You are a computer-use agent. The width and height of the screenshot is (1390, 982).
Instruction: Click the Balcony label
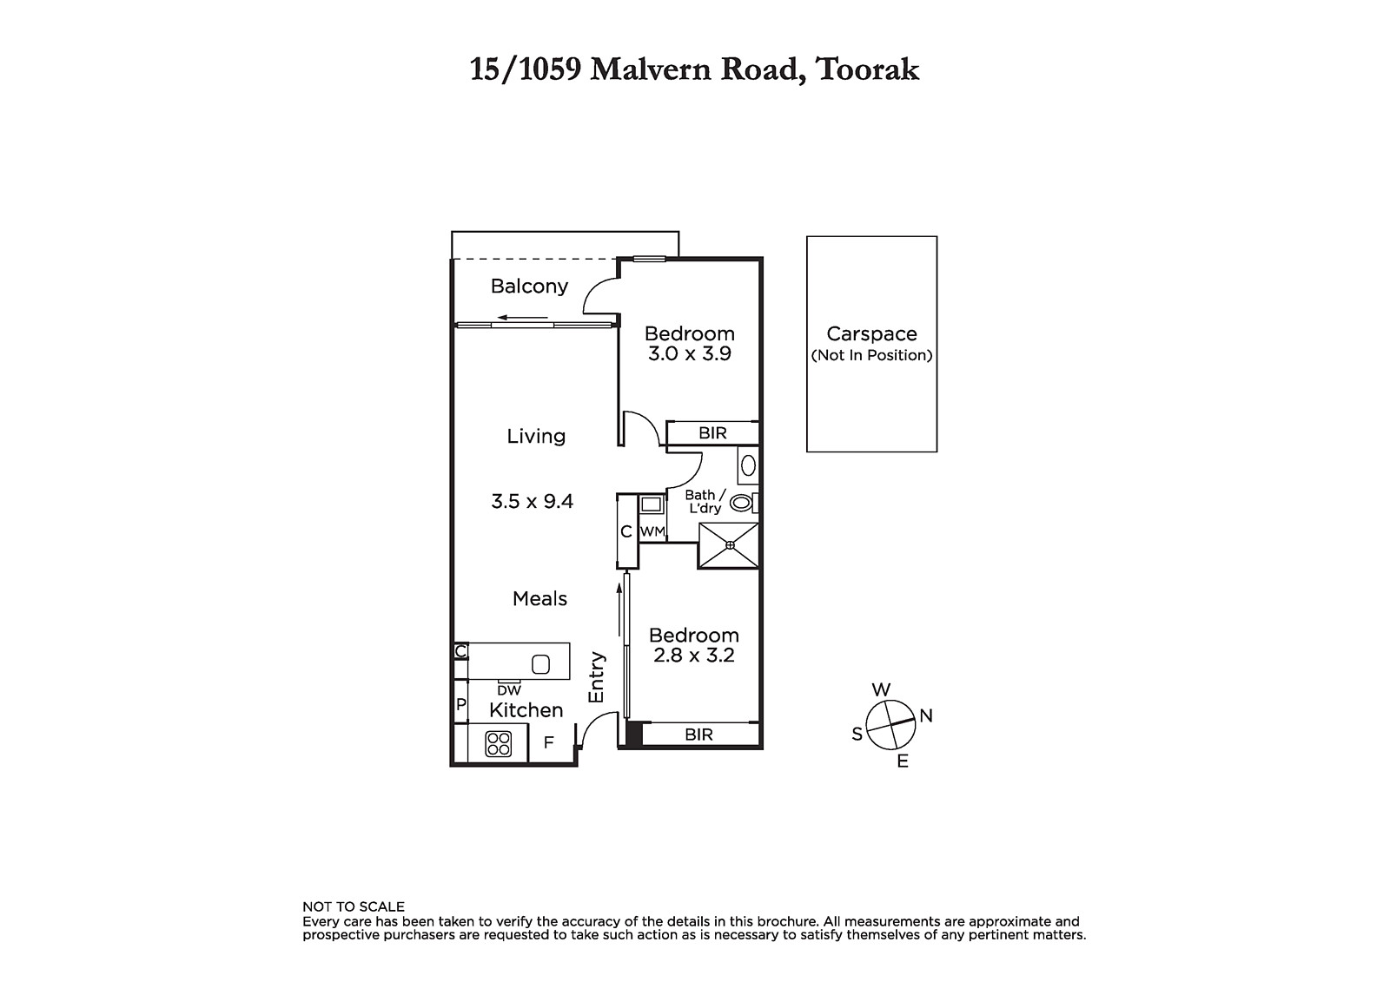[x=529, y=287]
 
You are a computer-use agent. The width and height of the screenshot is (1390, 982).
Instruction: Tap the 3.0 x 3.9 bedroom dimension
[x=690, y=354]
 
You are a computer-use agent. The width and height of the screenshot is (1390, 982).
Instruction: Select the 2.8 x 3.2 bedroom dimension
[x=694, y=656]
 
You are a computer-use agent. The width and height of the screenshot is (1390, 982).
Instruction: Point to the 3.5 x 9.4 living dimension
[x=532, y=501]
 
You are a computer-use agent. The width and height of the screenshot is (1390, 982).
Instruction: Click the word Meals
[x=539, y=598]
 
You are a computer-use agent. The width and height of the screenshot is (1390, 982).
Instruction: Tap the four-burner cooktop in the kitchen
[x=499, y=744]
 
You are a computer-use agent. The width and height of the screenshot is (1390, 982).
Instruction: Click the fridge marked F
[x=548, y=742]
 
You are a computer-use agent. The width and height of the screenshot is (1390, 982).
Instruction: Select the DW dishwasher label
[x=509, y=690]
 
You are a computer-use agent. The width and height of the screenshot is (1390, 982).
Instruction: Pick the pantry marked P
[x=461, y=705]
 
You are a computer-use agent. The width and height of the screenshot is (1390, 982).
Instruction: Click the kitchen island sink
[x=540, y=664]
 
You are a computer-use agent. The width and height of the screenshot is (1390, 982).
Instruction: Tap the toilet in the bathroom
[x=743, y=503]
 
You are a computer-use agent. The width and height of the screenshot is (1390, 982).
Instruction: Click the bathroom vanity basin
[x=748, y=465]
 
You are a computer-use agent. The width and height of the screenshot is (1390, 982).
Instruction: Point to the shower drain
[x=730, y=545]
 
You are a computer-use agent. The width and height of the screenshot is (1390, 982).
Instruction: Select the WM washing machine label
[x=652, y=531]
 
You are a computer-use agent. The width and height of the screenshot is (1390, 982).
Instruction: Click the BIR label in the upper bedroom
[x=712, y=433]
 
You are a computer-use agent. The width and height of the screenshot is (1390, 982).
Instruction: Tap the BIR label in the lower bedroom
[x=698, y=735]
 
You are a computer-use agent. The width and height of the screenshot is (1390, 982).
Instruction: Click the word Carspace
[x=872, y=334]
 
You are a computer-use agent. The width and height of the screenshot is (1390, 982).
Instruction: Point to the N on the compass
[x=926, y=715]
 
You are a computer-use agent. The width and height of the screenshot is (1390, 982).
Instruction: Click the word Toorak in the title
[x=868, y=69]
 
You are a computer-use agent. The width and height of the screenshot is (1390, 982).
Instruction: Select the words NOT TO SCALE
[x=354, y=907]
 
